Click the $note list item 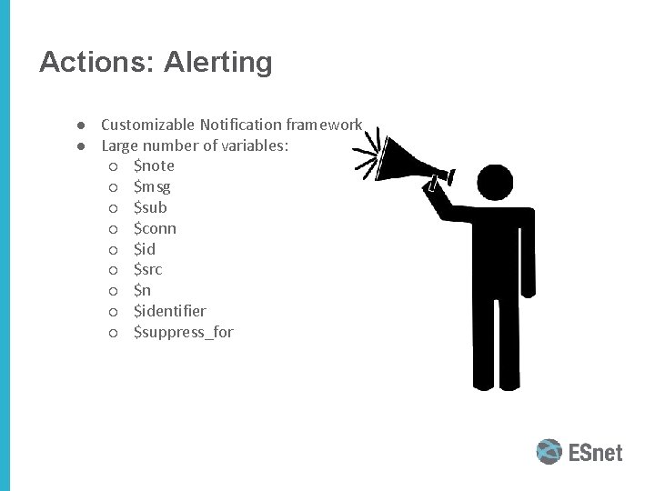tap(154, 165)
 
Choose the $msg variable tap(152, 186)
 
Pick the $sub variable tap(150, 207)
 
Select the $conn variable tap(155, 228)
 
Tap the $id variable tap(145, 249)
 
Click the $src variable tap(147, 270)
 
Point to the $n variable tap(142, 291)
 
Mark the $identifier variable tap(169, 312)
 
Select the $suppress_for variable tap(183, 333)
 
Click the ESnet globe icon tap(549, 452)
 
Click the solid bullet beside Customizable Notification tap(81, 125)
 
